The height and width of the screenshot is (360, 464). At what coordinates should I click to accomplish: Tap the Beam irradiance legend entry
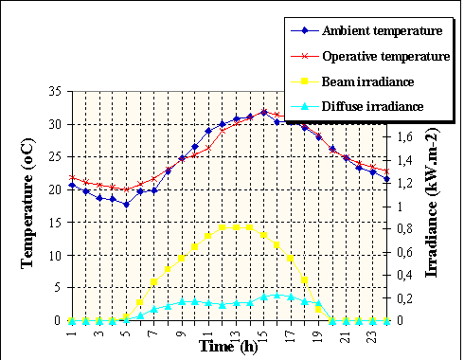(x=370, y=82)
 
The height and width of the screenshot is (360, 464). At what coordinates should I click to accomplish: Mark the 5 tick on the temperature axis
(x=56, y=288)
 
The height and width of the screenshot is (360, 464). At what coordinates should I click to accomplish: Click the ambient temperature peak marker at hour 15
(x=264, y=112)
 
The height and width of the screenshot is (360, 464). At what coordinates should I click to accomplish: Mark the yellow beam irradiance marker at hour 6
(x=140, y=302)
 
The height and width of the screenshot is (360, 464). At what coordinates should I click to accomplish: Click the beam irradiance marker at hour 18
(x=305, y=279)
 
